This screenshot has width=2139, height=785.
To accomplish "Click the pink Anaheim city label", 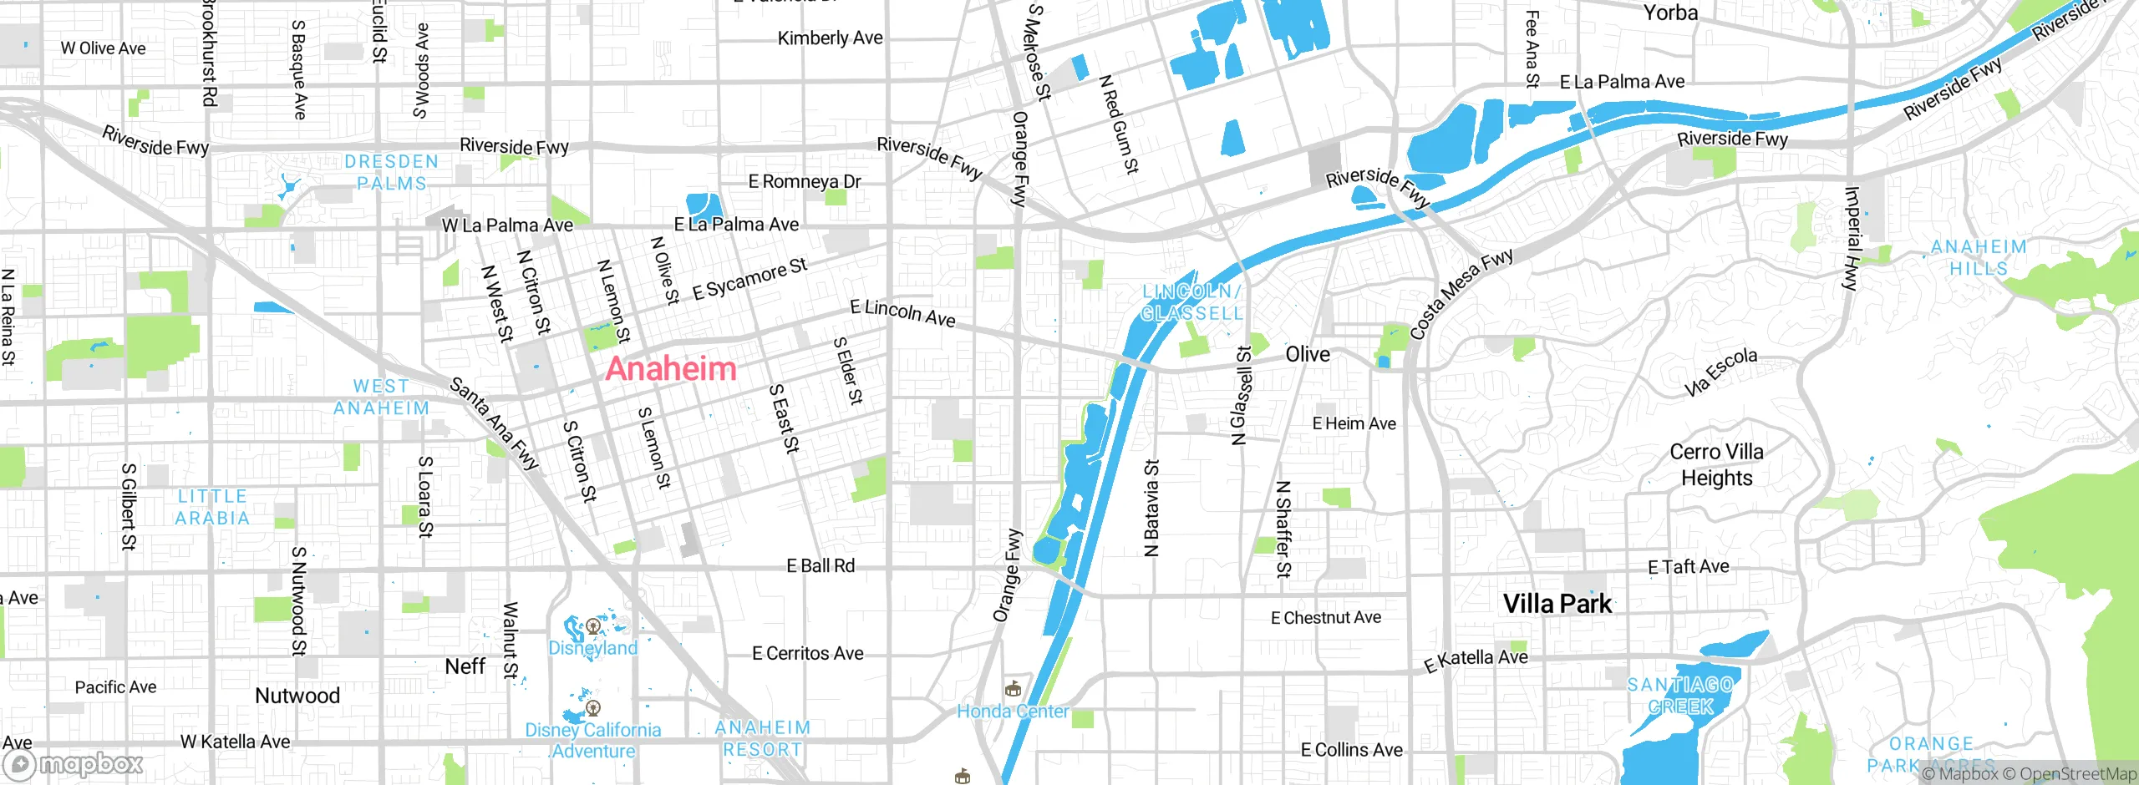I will point(671,369).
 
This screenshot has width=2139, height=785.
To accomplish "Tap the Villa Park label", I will point(1557,604).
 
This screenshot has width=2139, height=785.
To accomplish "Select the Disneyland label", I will point(592,648).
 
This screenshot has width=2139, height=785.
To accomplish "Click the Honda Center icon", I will point(1013,689).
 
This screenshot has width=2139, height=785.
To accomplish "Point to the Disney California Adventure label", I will point(592,741).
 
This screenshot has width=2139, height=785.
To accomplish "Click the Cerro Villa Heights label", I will point(1716,464).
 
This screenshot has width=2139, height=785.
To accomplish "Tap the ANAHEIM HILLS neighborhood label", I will point(1979,257).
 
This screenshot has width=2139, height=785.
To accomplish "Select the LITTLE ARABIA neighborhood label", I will point(212,507).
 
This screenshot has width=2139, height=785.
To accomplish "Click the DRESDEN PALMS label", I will point(391,172).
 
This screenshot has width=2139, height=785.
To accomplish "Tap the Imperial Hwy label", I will point(1852,238).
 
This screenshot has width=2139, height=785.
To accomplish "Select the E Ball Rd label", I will point(821,566).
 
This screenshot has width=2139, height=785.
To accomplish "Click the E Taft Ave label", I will point(1688,567).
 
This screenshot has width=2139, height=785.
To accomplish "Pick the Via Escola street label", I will point(1720,372).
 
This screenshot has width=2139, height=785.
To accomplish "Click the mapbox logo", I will point(74,763).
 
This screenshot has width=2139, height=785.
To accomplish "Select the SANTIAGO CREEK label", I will point(1680,696).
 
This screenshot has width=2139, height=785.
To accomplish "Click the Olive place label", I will point(1308,355).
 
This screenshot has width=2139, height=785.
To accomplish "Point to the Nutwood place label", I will point(297,696).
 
